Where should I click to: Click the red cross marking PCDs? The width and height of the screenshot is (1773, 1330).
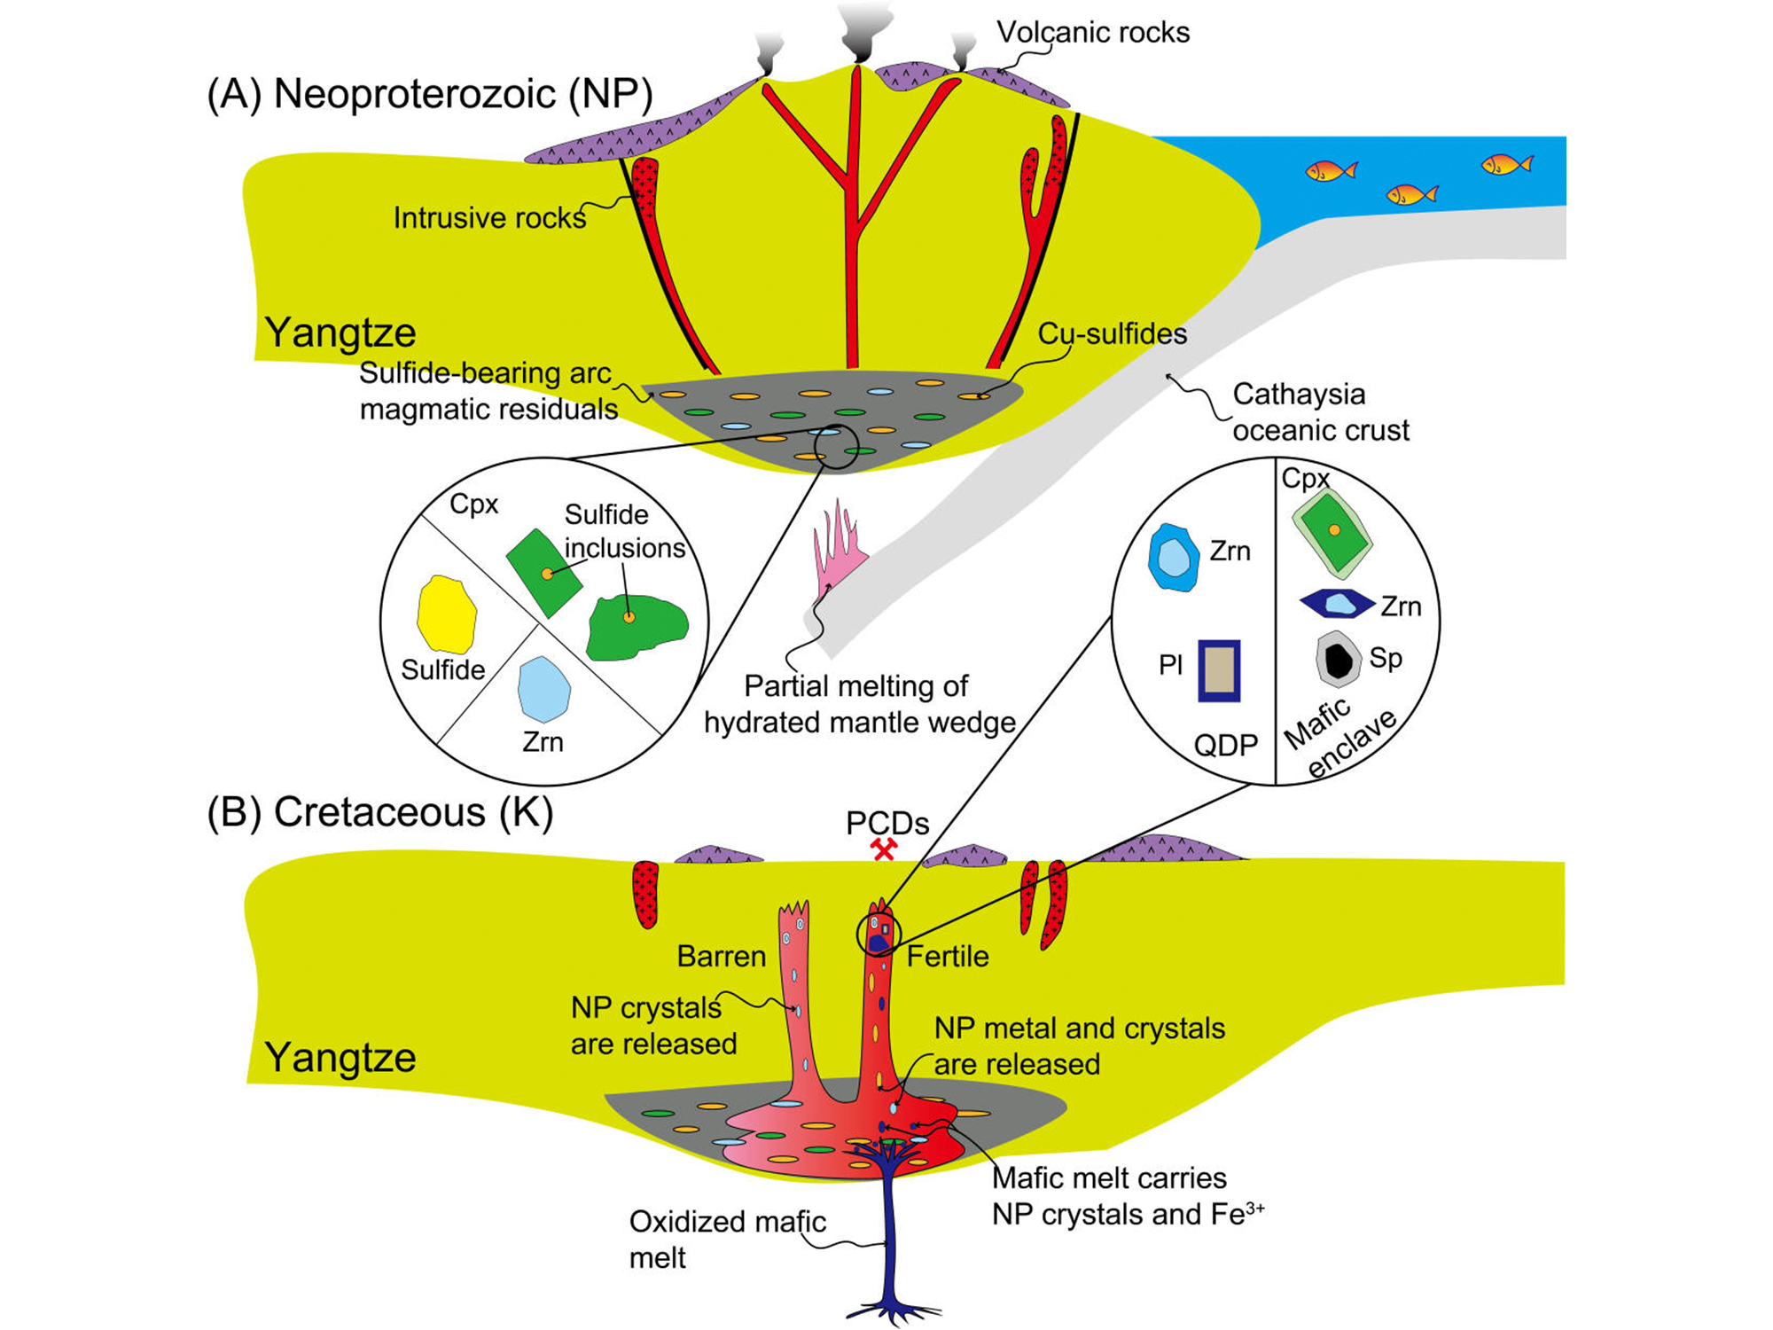pyautogui.click(x=884, y=849)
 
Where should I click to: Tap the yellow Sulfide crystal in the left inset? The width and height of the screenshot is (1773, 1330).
pyautogui.click(x=446, y=614)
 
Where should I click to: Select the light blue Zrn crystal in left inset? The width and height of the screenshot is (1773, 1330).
pyautogui.click(x=543, y=689)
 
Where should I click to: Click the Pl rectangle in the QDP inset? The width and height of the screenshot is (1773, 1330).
pyautogui.click(x=1219, y=670)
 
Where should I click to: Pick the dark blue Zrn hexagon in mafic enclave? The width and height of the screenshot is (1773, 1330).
pyautogui.click(x=1338, y=604)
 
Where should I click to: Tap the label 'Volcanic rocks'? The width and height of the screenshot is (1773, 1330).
pyautogui.click(x=1092, y=33)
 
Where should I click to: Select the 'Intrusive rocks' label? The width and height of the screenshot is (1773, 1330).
pyautogui.click(x=489, y=218)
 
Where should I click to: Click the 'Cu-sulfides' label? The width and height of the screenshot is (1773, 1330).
pyautogui.click(x=1112, y=334)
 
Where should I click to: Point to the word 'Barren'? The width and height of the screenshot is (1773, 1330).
pyautogui.click(x=721, y=957)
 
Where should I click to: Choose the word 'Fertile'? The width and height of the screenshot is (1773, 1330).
pyautogui.click(x=947, y=957)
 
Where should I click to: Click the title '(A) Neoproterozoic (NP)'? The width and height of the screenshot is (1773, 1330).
pyautogui.click(x=430, y=94)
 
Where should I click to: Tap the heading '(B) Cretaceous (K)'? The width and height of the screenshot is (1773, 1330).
pyautogui.click(x=380, y=812)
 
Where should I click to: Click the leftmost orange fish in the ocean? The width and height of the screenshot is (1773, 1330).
pyautogui.click(x=1330, y=170)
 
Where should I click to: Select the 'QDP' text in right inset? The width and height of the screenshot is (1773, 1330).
pyautogui.click(x=1225, y=746)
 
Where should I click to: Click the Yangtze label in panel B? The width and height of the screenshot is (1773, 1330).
pyautogui.click(x=340, y=1058)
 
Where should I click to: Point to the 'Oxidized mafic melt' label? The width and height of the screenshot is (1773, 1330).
pyautogui.click(x=727, y=1240)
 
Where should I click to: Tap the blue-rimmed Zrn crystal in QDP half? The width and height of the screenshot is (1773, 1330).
pyautogui.click(x=1174, y=558)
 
